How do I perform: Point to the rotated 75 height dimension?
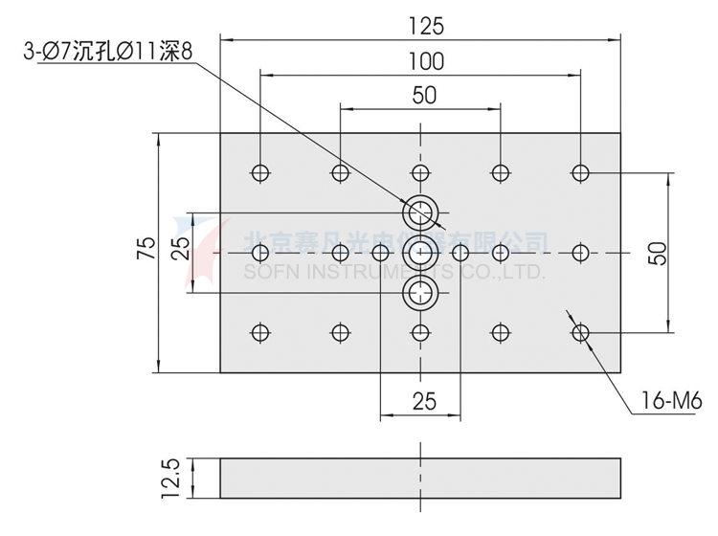(x=144, y=251)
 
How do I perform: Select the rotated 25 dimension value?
(x=179, y=251)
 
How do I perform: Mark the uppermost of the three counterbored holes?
(x=419, y=211)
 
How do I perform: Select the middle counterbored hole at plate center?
(x=419, y=253)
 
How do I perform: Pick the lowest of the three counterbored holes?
(x=419, y=294)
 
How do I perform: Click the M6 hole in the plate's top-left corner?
(x=259, y=172)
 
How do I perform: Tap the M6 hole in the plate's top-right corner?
(x=579, y=172)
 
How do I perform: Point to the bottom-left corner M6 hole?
(x=259, y=332)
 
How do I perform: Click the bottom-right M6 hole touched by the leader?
(x=579, y=332)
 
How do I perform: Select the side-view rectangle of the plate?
(x=419, y=478)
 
